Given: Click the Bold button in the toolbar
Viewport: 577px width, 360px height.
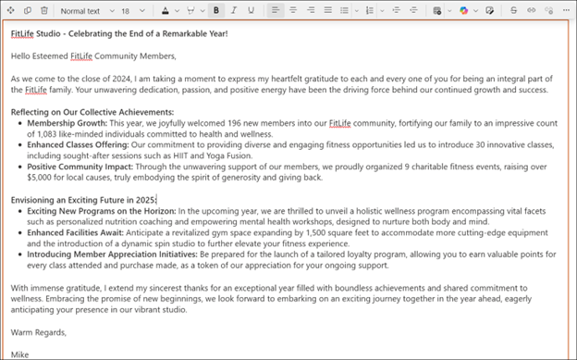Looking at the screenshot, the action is pos(215,10).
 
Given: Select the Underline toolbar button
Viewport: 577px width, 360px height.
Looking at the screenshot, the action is pos(252,10).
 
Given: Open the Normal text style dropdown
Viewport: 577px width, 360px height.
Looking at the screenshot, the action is pos(85,10).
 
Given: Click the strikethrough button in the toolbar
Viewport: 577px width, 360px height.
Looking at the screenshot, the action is pos(514,10).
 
